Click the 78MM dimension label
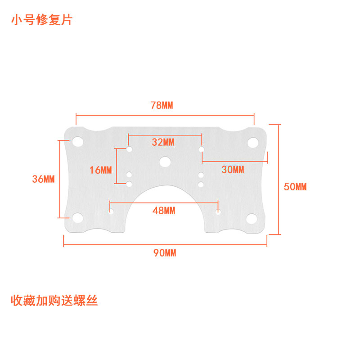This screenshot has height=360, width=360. click(x=162, y=105)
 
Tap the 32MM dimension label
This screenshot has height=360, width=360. click(x=163, y=142)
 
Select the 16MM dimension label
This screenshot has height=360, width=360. click(x=100, y=170)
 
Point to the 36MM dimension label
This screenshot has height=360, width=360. click(x=43, y=179)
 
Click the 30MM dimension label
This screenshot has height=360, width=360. click(x=233, y=170)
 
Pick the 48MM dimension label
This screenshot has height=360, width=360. click(x=164, y=210)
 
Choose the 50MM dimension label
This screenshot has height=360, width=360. click(x=295, y=186)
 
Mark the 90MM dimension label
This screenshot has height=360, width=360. click(x=165, y=253)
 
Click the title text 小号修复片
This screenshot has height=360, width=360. click(x=41, y=20)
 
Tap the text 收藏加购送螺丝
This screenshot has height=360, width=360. click(x=54, y=301)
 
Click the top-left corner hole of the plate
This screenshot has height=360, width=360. click(x=78, y=141)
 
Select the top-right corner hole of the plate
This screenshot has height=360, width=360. click(x=252, y=142)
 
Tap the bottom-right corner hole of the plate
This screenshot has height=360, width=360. click(x=252, y=219)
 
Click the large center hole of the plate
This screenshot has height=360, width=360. click(x=165, y=162)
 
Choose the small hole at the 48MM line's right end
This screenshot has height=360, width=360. click(x=218, y=211)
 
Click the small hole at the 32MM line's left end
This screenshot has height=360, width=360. click(x=129, y=149)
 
